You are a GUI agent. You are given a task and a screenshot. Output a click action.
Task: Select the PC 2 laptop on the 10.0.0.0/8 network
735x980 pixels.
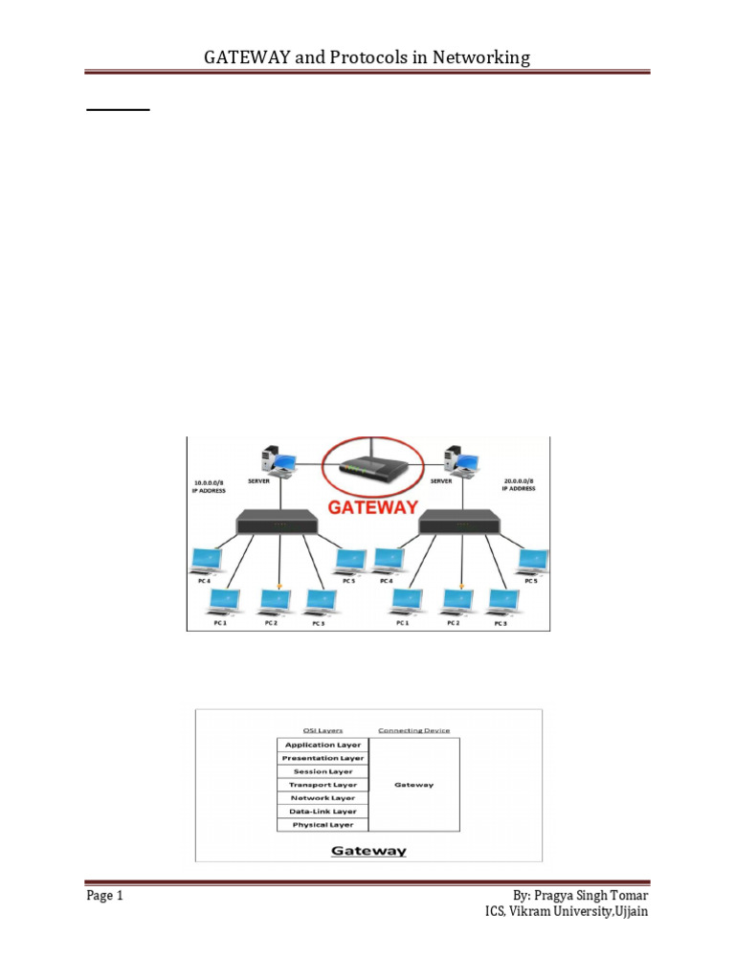pyautogui.click(x=275, y=601)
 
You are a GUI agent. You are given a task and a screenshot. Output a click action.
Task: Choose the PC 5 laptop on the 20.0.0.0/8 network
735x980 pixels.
pyautogui.click(x=533, y=561)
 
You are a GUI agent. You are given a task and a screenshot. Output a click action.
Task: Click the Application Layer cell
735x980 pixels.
pyautogui.click(x=323, y=745)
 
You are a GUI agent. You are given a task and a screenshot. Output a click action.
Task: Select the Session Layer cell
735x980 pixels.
pyautogui.click(x=323, y=771)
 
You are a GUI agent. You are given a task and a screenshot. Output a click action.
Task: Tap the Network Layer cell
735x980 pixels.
pyautogui.click(x=323, y=798)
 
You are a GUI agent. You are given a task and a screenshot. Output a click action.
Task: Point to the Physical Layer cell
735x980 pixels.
pyautogui.click(x=323, y=825)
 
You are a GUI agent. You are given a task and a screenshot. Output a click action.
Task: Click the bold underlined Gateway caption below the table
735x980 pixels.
pyautogui.click(x=368, y=850)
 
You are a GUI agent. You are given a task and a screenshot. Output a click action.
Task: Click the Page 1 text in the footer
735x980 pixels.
pyautogui.click(x=105, y=897)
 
